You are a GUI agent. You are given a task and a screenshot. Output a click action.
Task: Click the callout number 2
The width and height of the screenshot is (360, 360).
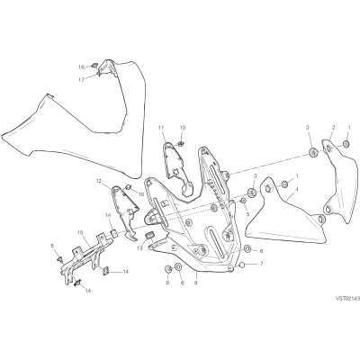click(x=333, y=128)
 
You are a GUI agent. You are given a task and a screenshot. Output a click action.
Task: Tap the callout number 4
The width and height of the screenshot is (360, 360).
click(x=296, y=189)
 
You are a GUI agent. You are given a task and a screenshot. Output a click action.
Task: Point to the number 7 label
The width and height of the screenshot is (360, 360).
click(x=261, y=264)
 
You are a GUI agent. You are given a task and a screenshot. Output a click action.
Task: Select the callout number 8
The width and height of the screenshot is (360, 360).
click(x=167, y=283)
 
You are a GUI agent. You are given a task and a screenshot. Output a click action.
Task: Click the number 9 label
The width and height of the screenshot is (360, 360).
click(x=195, y=283)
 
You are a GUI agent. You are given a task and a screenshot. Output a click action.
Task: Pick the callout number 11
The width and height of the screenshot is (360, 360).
click(x=161, y=128)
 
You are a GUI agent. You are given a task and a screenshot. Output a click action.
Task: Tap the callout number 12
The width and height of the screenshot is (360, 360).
click(x=99, y=181)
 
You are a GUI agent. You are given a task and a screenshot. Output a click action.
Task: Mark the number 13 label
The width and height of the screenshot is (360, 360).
click(x=139, y=247)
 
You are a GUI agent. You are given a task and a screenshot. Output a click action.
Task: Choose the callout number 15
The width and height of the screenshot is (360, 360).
click(x=80, y=232)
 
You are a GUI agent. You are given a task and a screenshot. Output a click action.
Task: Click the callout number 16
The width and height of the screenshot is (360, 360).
click(x=81, y=67)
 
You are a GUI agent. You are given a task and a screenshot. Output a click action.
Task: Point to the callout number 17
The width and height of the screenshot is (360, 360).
click(x=81, y=79)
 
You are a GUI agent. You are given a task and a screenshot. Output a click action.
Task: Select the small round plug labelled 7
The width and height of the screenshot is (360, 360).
click(x=243, y=265)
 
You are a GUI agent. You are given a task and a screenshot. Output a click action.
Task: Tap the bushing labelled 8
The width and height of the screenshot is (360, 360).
click(x=167, y=269)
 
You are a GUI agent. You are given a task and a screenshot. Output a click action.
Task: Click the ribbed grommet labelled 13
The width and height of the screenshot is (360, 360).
click(x=149, y=236)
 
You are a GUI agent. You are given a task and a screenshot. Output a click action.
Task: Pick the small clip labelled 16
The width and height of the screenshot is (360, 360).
click(x=94, y=64)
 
